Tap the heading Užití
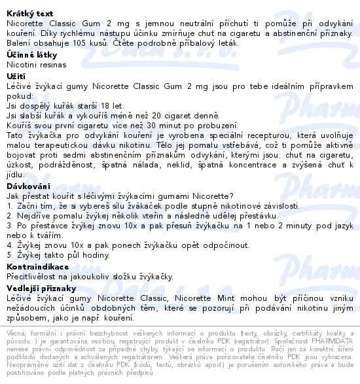16,76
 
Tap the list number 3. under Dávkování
10,226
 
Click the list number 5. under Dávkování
10,256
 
